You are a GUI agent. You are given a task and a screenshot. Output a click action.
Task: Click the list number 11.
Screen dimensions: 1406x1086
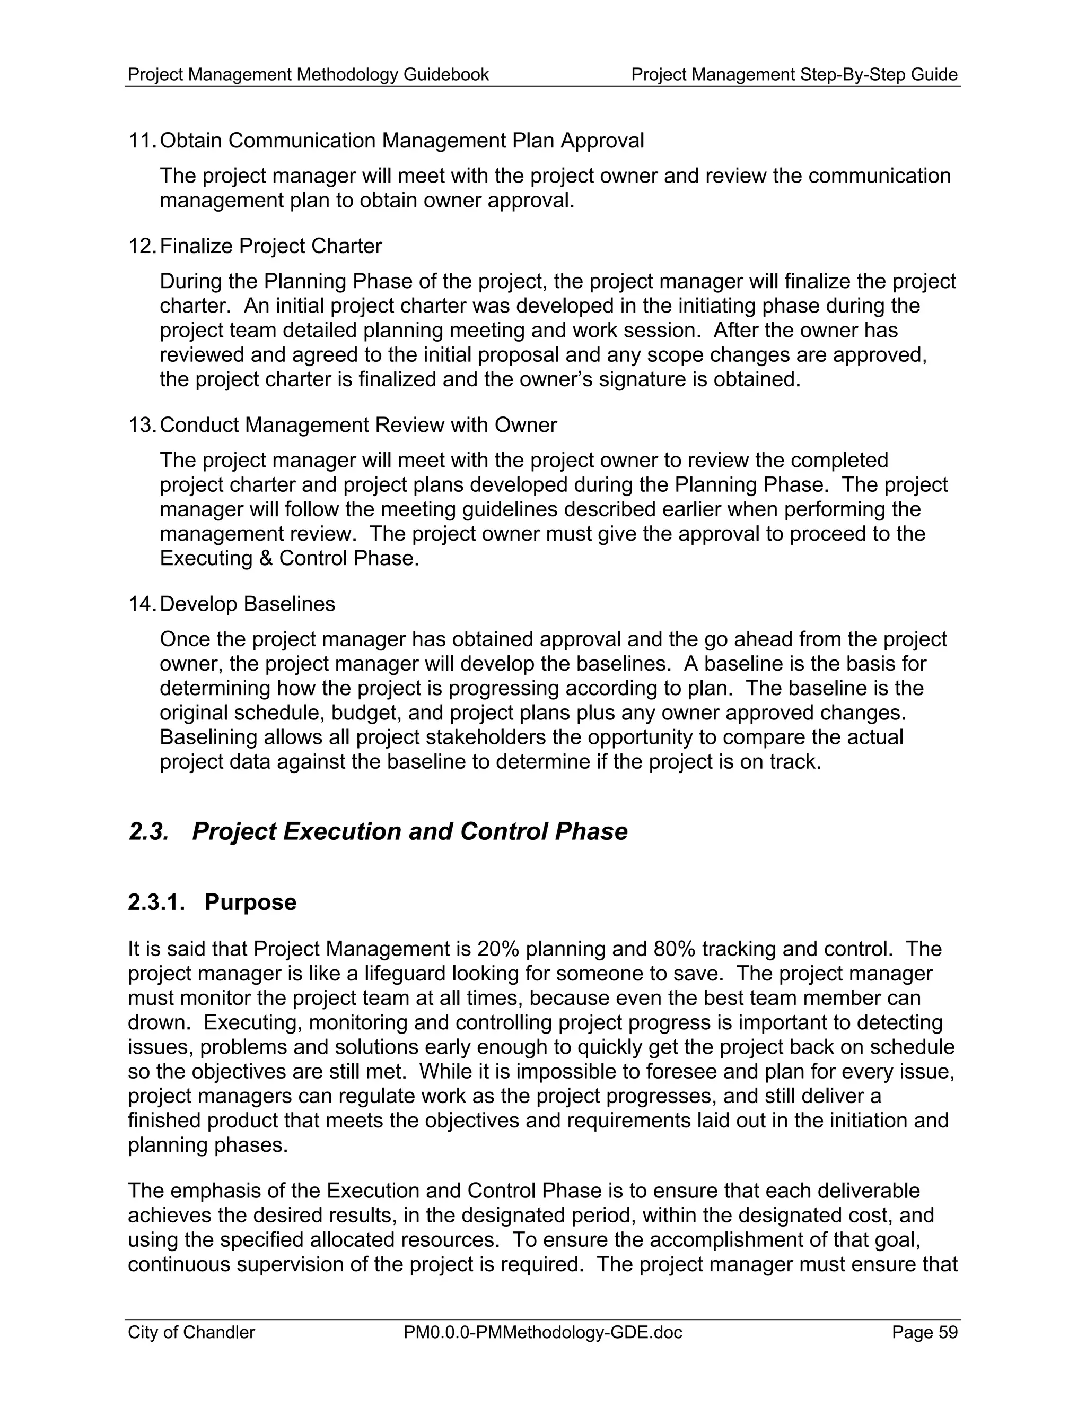(142, 141)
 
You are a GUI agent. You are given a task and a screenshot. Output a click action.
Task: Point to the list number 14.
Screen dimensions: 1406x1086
(142, 604)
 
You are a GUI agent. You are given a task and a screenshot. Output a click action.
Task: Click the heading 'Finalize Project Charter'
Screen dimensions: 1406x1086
(270, 246)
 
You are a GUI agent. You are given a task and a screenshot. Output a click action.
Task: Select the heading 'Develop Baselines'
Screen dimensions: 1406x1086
(247, 604)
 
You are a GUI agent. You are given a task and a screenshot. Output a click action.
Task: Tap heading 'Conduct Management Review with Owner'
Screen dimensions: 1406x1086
(358, 425)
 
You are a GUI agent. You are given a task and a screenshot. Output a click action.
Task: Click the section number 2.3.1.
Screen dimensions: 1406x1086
(156, 902)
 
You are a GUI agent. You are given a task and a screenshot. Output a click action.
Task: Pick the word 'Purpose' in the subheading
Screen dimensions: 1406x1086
(250, 902)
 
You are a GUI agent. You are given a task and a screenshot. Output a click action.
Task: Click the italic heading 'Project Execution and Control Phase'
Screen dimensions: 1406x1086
(409, 831)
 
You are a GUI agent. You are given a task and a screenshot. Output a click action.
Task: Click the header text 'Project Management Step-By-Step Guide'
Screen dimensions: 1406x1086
(794, 75)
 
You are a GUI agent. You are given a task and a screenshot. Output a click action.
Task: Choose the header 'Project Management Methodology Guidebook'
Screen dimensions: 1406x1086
(308, 75)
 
